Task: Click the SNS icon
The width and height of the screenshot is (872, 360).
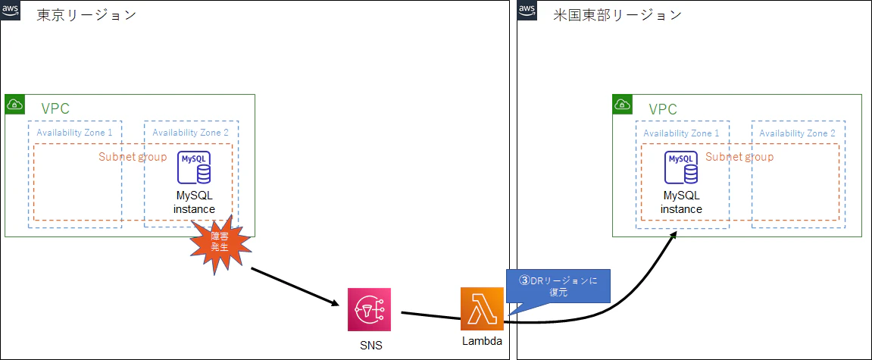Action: tap(369, 309)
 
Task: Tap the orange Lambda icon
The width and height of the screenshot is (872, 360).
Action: tap(482, 308)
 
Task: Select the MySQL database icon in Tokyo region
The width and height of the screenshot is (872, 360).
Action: tap(194, 167)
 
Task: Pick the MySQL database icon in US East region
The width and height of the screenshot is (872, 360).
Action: tap(681, 167)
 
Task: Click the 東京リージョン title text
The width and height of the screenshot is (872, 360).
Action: tap(86, 14)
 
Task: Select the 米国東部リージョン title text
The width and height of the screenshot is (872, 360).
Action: tap(617, 14)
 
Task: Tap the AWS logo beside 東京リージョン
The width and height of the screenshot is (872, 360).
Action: tap(11, 10)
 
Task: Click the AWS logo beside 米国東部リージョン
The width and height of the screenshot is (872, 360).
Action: tap(528, 10)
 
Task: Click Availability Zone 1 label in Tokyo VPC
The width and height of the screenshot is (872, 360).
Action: tap(74, 133)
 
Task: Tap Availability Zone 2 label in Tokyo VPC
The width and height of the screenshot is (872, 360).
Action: tap(190, 133)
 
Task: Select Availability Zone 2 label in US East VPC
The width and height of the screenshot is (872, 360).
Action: tap(798, 133)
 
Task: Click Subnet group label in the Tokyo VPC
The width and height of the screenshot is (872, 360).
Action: tap(133, 157)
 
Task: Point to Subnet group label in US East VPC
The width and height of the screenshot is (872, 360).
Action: tap(739, 157)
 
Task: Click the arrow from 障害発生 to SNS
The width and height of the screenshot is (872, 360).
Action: tap(295, 287)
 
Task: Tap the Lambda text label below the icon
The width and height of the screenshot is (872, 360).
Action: tap(482, 341)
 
